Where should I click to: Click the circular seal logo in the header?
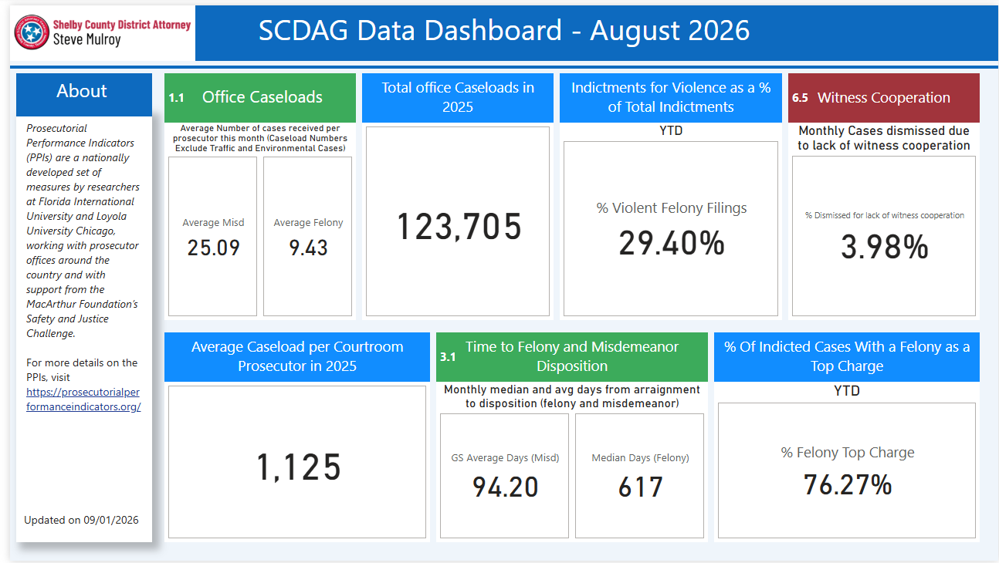31,32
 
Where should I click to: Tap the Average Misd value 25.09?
214,248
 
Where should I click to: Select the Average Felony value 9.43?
308,248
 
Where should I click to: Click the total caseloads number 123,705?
459,227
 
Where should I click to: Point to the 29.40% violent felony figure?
672,243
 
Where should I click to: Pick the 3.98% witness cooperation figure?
885,247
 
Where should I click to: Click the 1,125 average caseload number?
299,467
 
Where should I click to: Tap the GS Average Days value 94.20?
506,487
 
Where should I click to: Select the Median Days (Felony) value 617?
641,487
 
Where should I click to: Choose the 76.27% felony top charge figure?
848,484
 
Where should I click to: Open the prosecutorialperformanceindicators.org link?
83,399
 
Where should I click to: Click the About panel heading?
82,91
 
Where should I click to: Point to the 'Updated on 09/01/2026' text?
81,520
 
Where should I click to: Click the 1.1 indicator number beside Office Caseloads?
176,98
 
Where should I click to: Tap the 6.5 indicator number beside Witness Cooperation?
800,98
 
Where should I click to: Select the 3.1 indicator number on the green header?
448,357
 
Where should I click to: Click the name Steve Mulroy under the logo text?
87,39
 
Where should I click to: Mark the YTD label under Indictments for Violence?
671,130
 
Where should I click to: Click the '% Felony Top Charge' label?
848,453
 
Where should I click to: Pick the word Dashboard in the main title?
493,30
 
